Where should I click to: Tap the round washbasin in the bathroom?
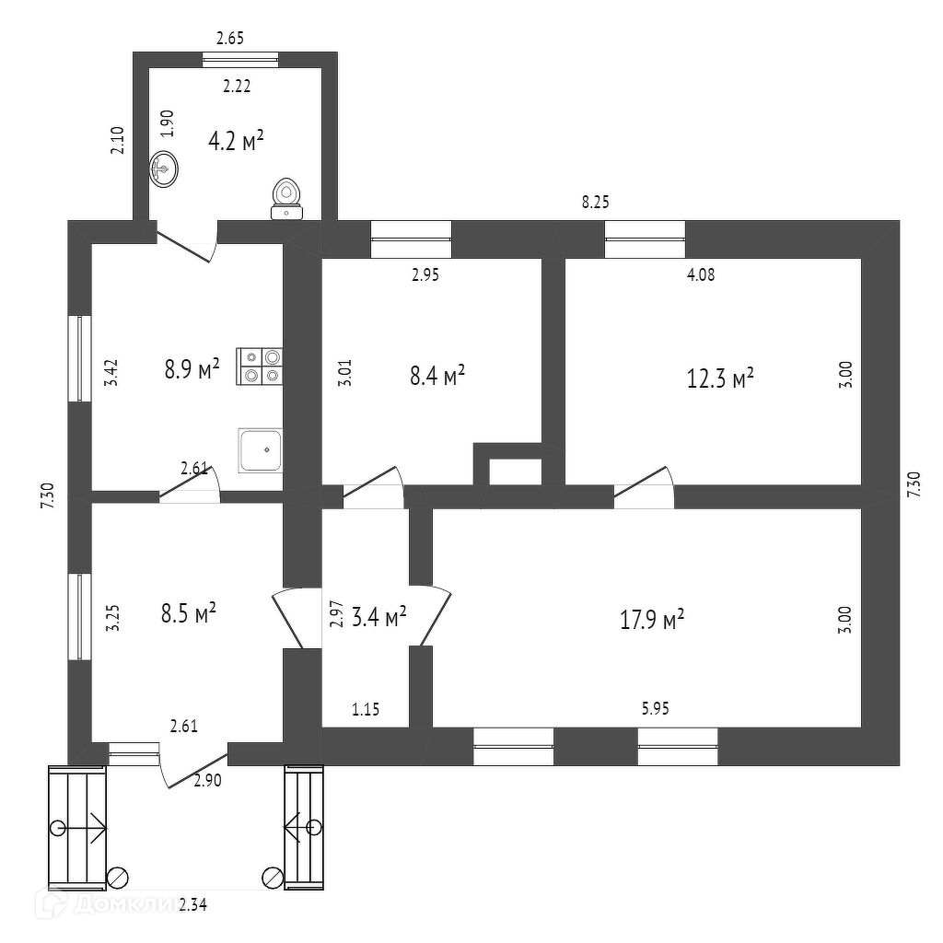[x=164, y=169]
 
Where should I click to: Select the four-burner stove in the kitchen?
[x=261, y=365]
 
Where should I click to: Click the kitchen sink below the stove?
[x=261, y=450]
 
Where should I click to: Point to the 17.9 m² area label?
[x=652, y=620]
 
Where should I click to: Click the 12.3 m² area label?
[x=721, y=378]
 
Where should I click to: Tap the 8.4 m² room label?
[x=437, y=376]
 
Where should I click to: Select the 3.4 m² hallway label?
[x=378, y=617]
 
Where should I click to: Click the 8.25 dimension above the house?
[x=596, y=202]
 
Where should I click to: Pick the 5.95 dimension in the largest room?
[x=657, y=709]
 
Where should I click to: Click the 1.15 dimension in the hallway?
[x=366, y=709]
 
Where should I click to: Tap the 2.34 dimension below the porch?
[x=193, y=905]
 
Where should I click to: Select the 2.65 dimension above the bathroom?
[x=230, y=39]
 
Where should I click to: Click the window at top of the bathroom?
[x=240, y=60]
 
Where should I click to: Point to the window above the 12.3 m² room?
[x=645, y=239]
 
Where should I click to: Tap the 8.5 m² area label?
[x=188, y=612]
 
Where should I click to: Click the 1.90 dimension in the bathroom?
[x=167, y=123]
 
